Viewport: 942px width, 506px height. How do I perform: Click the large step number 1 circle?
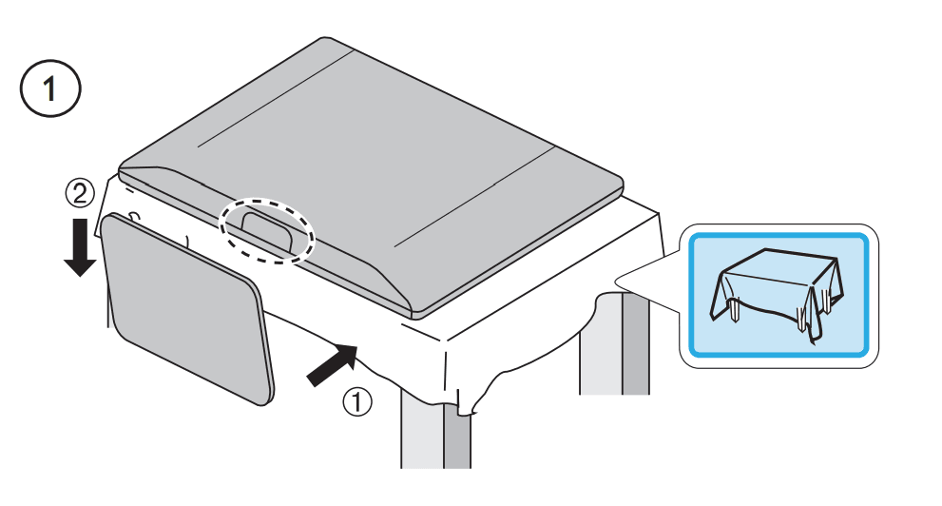click(x=50, y=89)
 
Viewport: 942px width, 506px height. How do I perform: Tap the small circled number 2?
click(x=80, y=194)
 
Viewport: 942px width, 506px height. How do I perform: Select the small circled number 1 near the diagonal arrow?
click(x=357, y=401)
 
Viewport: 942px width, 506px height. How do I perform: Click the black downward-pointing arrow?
click(x=80, y=246)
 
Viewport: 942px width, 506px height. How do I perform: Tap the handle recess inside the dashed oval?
click(x=267, y=229)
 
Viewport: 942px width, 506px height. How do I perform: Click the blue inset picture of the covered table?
click(x=779, y=295)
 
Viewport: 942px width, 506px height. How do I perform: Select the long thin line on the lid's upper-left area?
click(x=275, y=98)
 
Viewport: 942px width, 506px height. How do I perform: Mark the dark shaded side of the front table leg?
click(x=457, y=438)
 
